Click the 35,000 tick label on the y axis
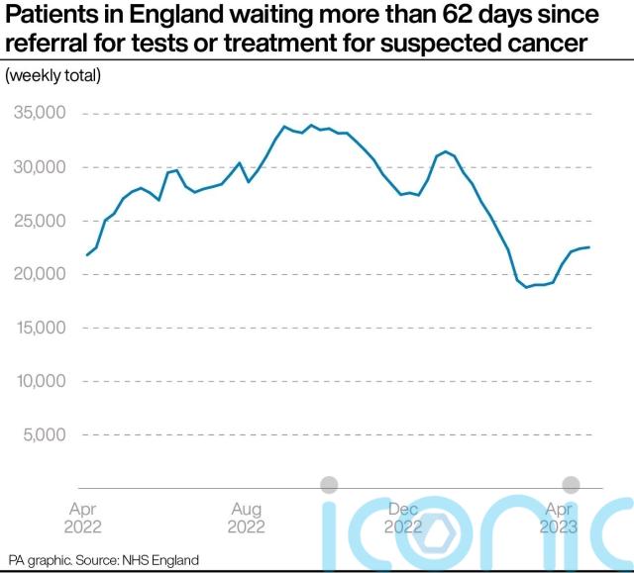(39, 114)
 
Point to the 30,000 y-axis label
(39, 167)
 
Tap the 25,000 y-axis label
(39, 221)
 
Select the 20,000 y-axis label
(39, 274)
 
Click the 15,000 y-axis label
(39, 328)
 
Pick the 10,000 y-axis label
(39, 381)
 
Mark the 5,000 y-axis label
(43, 434)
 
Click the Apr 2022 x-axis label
(83, 518)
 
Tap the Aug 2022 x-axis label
(246, 518)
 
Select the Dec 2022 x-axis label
(403, 518)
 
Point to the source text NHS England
(160, 560)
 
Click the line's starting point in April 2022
(87, 255)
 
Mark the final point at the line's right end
(589, 247)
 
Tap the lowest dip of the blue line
(527, 287)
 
